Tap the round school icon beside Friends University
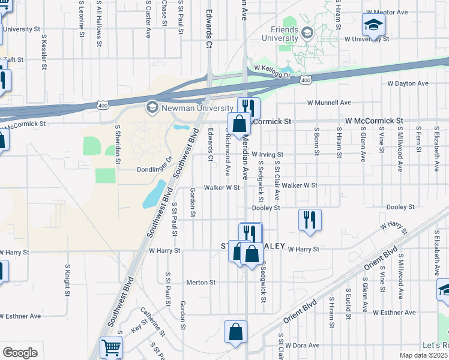[x=308, y=32]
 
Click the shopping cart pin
[x=111, y=347]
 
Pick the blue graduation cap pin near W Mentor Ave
[x=373, y=25]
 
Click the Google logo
[x=20, y=353]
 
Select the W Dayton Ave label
[x=408, y=83]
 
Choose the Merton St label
[x=200, y=282]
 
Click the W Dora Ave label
[x=303, y=346]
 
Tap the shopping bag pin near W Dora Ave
[x=236, y=331]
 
